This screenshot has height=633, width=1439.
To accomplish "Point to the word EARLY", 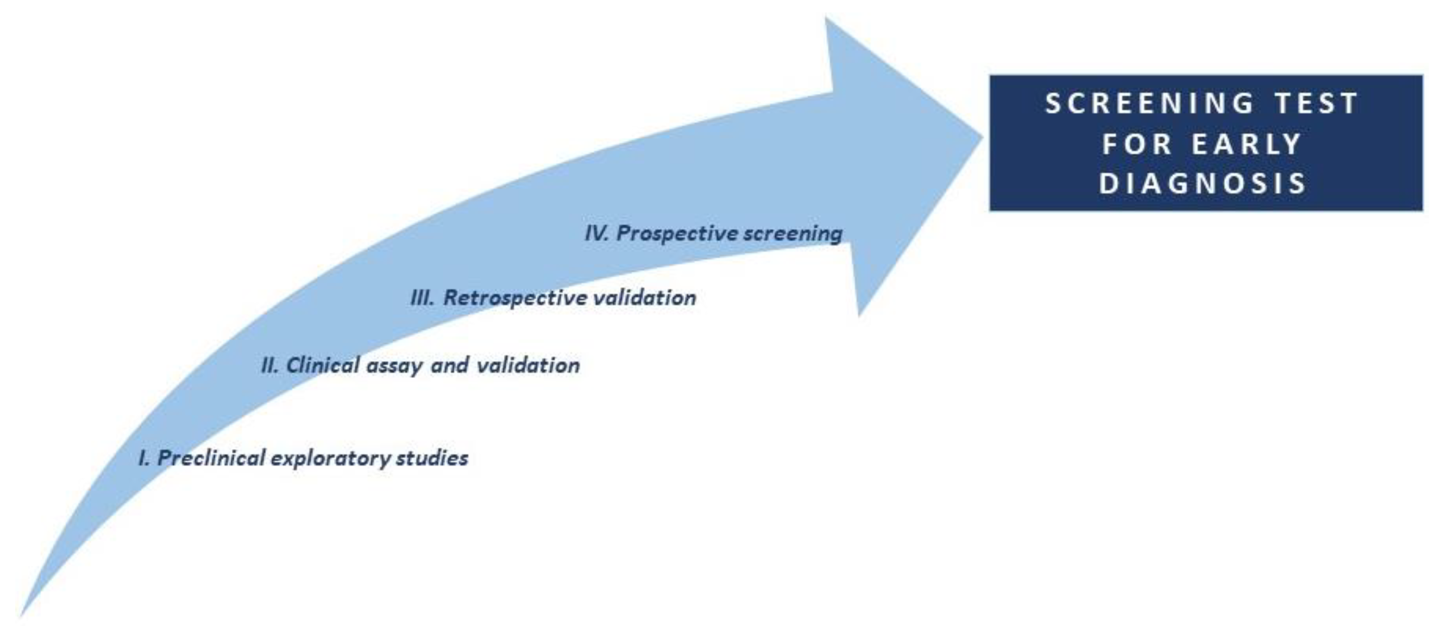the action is click(x=1247, y=144).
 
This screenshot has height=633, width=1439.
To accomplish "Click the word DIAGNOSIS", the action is click(x=1203, y=183).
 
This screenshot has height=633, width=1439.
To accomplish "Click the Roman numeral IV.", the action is click(x=597, y=233).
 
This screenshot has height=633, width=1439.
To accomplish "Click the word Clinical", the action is click(x=323, y=366).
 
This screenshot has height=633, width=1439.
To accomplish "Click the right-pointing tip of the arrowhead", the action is click(x=983, y=137).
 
